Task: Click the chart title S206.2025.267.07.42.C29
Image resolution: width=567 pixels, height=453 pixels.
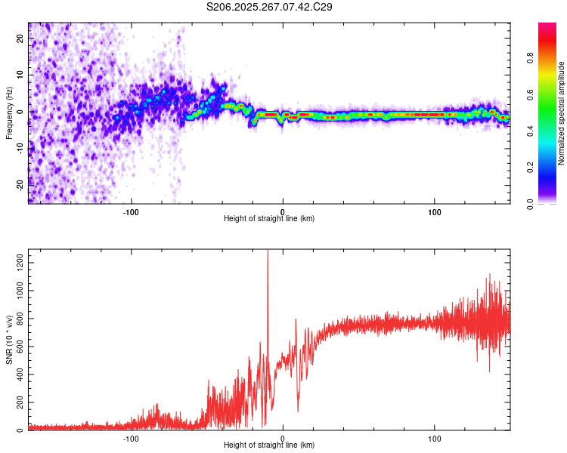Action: pyautogui.click(x=270, y=7)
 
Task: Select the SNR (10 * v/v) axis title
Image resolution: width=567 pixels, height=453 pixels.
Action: pyautogui.click(x=9, y=341)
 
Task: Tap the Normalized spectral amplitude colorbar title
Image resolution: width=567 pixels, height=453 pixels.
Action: pyautogui.click(x=562, y=113)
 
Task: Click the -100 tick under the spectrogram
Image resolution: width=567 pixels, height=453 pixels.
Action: pyautogui.click(x=131, y=211)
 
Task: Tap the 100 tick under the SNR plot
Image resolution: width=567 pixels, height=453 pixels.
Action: pyautogui.click(x=435, y=438)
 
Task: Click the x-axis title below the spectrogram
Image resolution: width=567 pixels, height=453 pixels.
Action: pyautogui.click(x=269, y=219)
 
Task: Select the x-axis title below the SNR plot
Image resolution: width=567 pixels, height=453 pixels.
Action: pyautogui.click(x=269, y=445)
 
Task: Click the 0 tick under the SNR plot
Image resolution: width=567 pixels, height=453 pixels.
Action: pyautogui.click(x=283, y=438)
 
